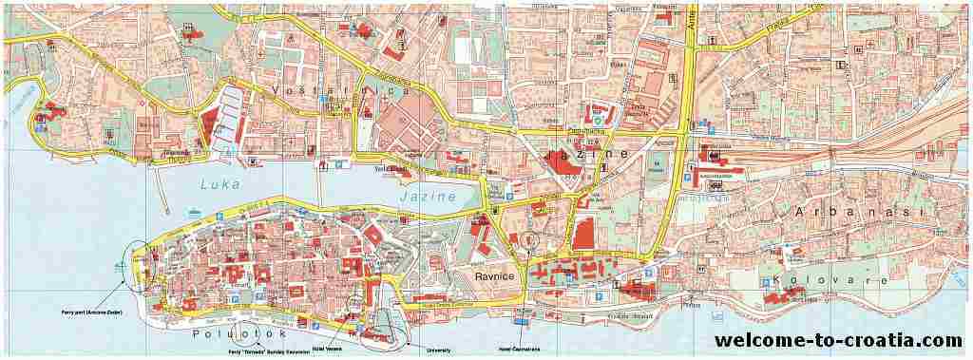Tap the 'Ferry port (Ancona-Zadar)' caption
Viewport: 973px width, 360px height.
click(79, 312)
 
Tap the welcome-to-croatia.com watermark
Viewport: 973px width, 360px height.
click(838, 340)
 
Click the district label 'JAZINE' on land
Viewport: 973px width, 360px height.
click(586, 153)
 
